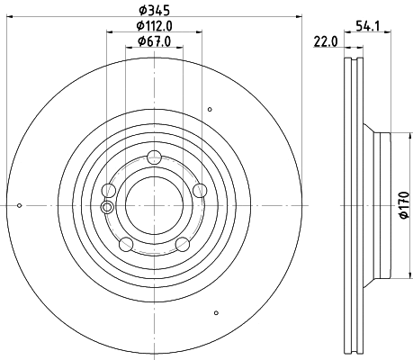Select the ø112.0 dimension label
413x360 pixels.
pyautogui.click(x=155, y=26)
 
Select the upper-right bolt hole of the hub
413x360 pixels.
pyautogui.click(x=200, y=189)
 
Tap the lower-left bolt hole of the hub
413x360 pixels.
pyautogui.click(x=125, y=244)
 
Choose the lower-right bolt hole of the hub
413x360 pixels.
pyautogui.click(x=182, y=244)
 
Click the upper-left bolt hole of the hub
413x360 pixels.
pyautogui.click(x=109, y=189)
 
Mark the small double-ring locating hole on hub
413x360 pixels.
pyautogui.click(x=108, y=208)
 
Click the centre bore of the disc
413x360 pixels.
pyautogui.click(x=154, y=204)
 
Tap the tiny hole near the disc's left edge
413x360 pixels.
pyautogui.click(x=20, y=205)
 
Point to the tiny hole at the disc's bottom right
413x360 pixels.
pyautogui.click(x=217, y=313)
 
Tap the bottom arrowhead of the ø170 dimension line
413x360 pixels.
pyautogui.click(x=395, y=274)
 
